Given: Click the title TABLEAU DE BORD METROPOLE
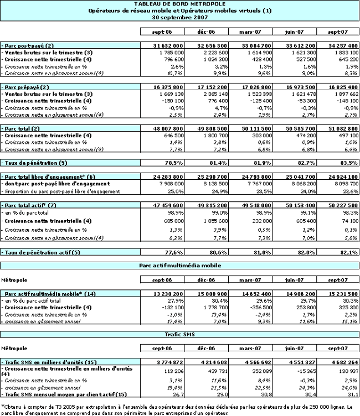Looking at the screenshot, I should pyautogui.click(x=180, y=4).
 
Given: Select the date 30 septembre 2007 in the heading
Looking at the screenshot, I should pyautogui.click(x=180, y=17).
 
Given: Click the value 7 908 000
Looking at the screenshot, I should pyautogui.click(x=166, y=185).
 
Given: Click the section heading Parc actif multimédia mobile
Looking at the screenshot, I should pyautogui.click(x=180, y=266).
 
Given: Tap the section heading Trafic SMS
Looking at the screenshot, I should pyautogui.click(x=180, y=335).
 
